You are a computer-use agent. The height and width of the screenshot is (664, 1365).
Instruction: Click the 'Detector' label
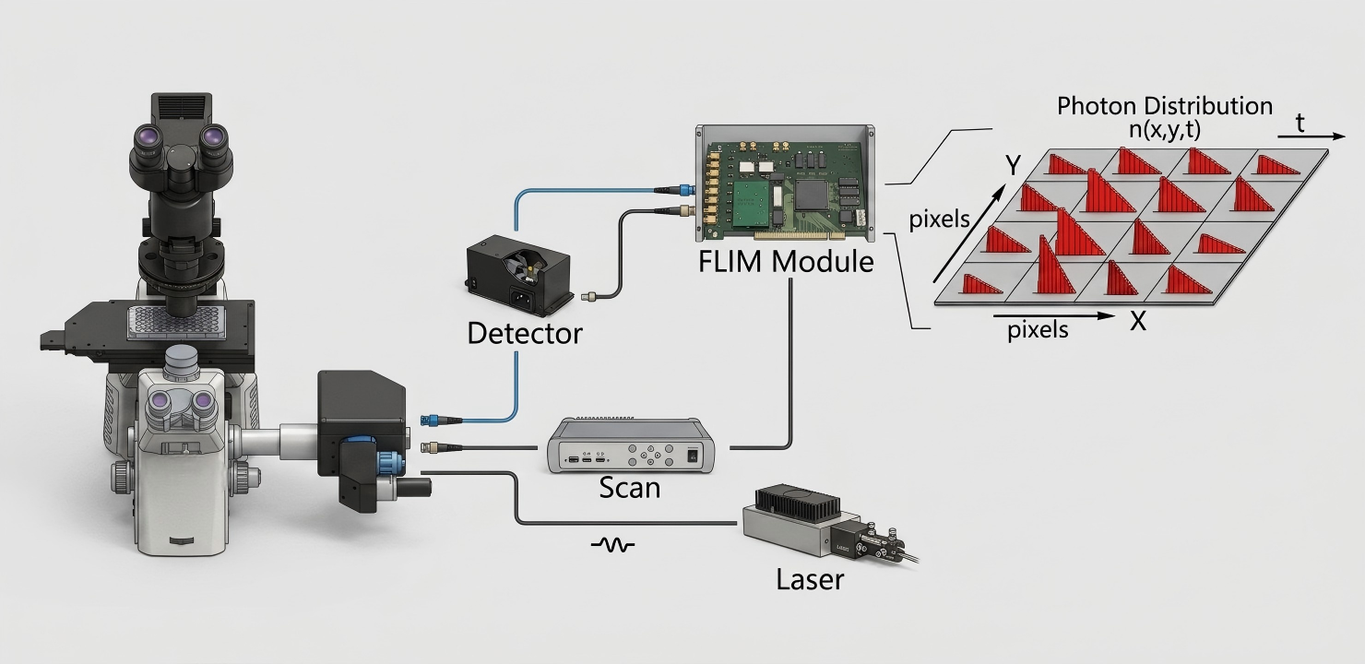coord(525,333)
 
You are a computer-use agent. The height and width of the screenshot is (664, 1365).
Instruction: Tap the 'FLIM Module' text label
coord(786,261)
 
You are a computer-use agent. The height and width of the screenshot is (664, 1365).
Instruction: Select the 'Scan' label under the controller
coord(630,488)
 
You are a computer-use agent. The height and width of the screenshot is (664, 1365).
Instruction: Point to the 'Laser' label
coord(810,579)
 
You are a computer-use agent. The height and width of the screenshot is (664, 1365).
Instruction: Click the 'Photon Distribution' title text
coord(1165,106)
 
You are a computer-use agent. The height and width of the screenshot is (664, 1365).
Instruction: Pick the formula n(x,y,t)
coord(1165,131)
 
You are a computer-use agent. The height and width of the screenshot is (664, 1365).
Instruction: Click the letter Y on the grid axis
coord(1013,165)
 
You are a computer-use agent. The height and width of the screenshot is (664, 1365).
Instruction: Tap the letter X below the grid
coord(1138,321)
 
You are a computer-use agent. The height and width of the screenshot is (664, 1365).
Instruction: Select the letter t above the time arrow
coord(1300,123)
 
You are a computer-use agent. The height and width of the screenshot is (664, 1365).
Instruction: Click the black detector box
coord(520,276)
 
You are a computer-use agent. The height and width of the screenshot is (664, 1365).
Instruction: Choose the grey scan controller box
coord(631,445)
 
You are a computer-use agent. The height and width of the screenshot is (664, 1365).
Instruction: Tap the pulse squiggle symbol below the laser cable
coord(612,545)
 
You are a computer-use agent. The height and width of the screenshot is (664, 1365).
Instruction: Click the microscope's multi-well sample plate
coord(175,322)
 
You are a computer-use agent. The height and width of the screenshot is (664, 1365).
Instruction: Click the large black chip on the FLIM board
coord(811,194)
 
